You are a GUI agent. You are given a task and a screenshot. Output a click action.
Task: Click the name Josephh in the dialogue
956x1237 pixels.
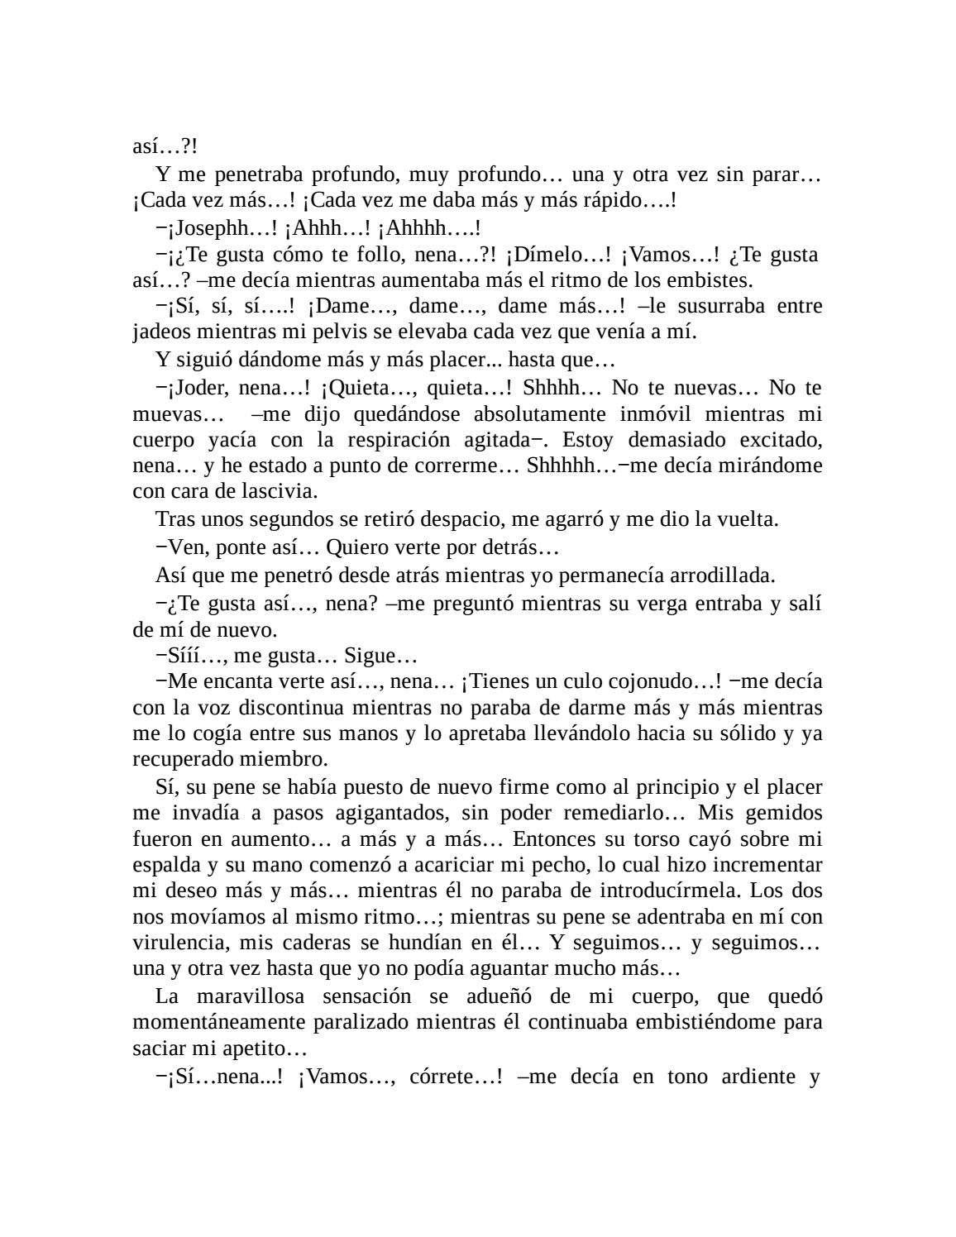[211, 227]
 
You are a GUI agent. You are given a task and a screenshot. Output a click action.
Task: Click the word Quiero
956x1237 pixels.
[357, 547]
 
